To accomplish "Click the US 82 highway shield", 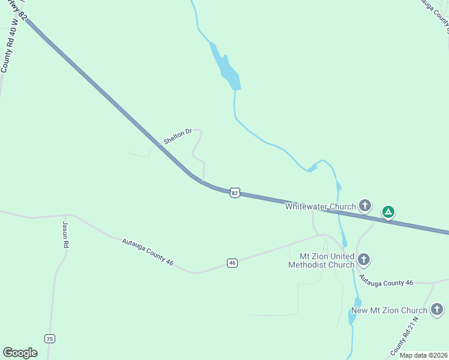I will pos(235,193).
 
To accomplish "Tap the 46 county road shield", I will pos(232,263).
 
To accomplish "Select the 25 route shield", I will pos(49,338).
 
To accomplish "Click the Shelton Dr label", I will pos(177,136).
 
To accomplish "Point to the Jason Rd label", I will pos(65,235).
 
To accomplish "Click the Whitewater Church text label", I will pos(321,207).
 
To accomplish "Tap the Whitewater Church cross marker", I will pos(364,206).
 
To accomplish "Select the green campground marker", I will pos(388,211).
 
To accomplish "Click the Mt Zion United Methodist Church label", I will pos(321,260).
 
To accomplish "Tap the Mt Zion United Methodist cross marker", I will pos(363,260).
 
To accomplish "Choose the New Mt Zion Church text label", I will pos(388,310).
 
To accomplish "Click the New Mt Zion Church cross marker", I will pos(437,310).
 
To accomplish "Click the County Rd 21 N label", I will pos(405,334).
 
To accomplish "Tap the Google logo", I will pos(20,353).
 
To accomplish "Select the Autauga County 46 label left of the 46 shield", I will pos(148,252).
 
